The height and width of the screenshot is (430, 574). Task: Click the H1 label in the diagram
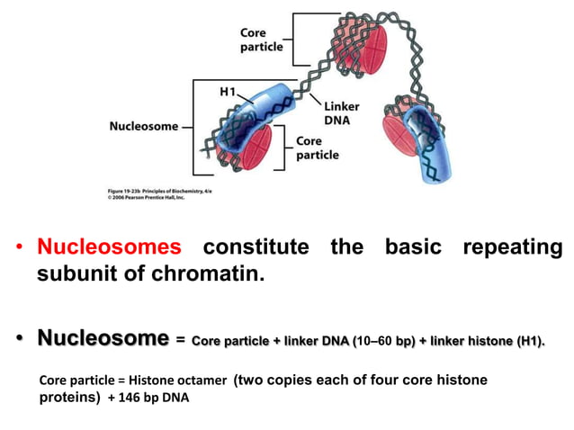(x=229, y=92)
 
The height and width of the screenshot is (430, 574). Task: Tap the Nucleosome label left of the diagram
(x=142, y=126)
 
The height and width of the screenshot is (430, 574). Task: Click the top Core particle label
(x=262, y=40)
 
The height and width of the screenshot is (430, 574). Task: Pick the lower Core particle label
(x=318, y=148)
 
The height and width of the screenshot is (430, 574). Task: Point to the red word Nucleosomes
(x=109, y=246)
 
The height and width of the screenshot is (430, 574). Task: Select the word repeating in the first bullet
(x=513, y=246)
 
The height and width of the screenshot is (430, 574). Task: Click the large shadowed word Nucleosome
(x=103, y=338)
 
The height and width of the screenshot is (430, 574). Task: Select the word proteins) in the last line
(x=70, y=399)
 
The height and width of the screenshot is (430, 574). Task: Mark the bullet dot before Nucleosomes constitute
(x=18, y=247)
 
